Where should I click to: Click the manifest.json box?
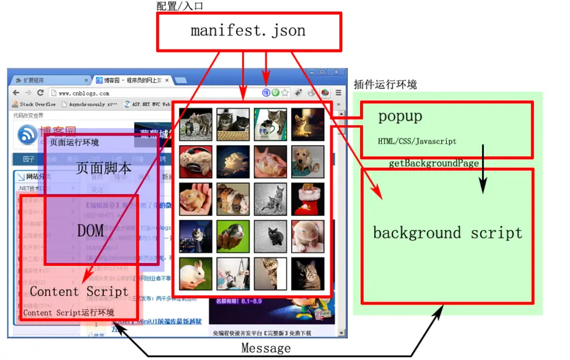248,31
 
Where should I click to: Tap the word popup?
400,116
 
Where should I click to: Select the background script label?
447,233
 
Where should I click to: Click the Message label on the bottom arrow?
265,348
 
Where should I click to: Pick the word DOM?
91,230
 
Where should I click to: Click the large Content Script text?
79,292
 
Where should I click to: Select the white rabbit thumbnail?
196,274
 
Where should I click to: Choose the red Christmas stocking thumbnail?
308,200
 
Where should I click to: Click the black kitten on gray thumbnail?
270,237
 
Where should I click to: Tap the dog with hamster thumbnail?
308,162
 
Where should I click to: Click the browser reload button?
40,93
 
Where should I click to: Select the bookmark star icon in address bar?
284,93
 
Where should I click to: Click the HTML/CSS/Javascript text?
417,142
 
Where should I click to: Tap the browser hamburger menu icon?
338,93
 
